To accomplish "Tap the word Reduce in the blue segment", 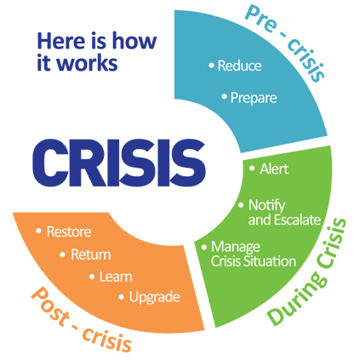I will [x=239, y=66].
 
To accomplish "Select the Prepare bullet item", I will [x=253, y=98].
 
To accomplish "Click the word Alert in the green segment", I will [x=273, y=169].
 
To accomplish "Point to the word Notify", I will [x=266, y=205].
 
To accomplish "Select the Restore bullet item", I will [x=69, y=231].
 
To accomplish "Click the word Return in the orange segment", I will [x=90, y=254].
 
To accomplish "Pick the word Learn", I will [x=116, y=276].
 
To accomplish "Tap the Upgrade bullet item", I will [x=154, y=297].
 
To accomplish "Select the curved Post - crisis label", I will [x=81, y=320].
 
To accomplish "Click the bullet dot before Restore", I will [x=39, y=231].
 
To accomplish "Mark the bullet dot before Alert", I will [x=252, y=169].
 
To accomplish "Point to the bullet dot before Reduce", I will [x=210, y=66].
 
